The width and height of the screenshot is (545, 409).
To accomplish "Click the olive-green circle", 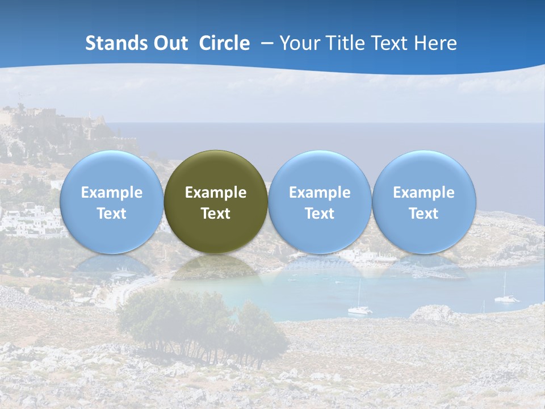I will pos(216,202).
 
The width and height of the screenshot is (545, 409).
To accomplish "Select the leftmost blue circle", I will pos(111,202).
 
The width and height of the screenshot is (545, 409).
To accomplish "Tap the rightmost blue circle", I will pos(424,202).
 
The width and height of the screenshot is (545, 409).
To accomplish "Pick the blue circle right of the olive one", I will pos(320,202).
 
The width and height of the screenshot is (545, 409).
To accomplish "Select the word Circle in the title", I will pos(224,43).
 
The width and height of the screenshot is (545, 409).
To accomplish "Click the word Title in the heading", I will pos(346,43).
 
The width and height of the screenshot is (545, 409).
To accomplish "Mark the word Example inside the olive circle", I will pos(216,193).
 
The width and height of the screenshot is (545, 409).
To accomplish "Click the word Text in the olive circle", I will pos(216,214).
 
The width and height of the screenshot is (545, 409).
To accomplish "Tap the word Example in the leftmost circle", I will pos(111,193).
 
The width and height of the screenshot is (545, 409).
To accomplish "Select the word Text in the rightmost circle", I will pos(424,214).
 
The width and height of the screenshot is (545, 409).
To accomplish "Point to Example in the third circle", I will pos(320,193).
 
